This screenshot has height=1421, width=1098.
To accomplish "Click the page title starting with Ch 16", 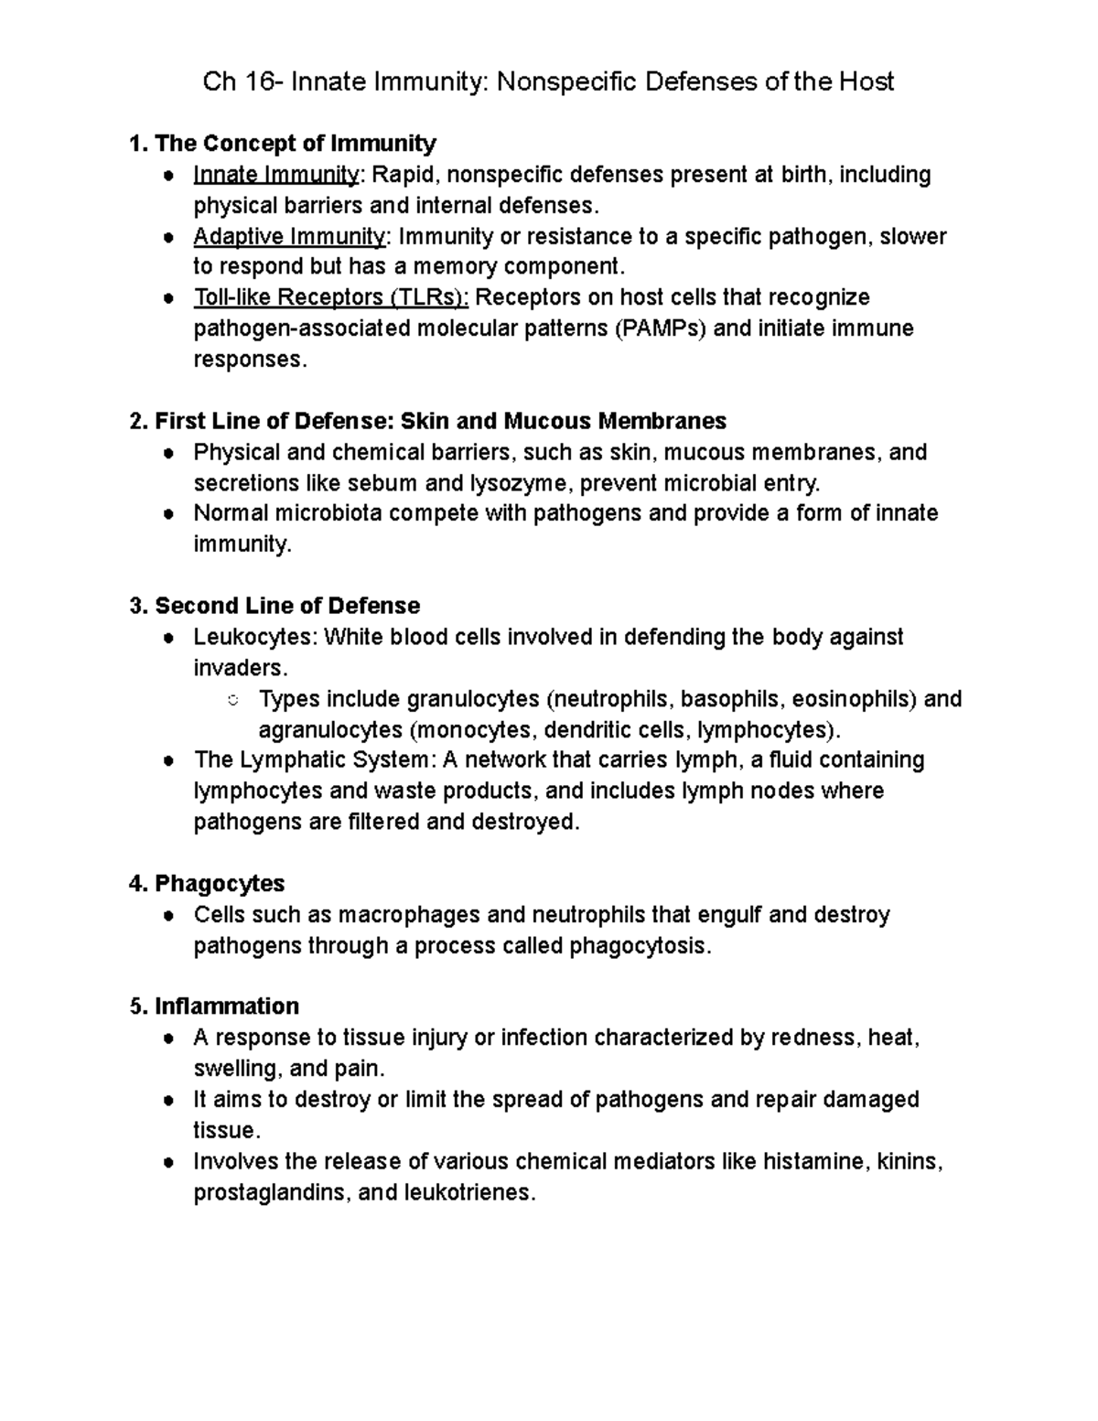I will pyautogui.click(x=548, y=82).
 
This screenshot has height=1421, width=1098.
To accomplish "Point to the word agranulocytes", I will pyautogui.click(x=330, y=730).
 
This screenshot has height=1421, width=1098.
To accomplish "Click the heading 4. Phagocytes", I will pyautogui.click(x=207, y=884).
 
